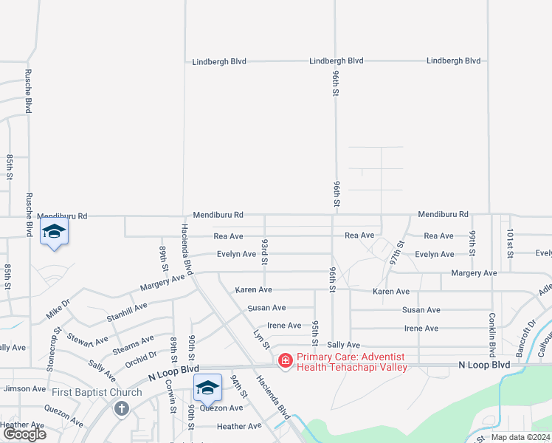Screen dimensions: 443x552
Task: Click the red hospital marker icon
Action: coord(285,361)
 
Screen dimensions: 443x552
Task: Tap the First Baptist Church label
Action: coord(97,392)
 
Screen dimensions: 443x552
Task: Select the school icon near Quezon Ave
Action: coord(208,387)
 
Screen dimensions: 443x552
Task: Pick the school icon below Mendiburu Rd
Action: coord(54,231)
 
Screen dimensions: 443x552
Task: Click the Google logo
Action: coord(24,433)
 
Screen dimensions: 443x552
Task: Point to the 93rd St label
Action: coord(264,251)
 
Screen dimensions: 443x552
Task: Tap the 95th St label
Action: coord(315,333)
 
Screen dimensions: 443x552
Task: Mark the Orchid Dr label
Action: coord(141,357)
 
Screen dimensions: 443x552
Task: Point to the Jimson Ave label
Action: coord(25,388)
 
